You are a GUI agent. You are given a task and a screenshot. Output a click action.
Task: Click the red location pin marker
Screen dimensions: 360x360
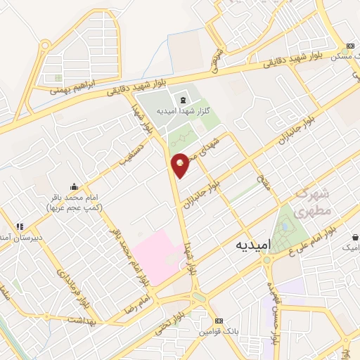(181, 165)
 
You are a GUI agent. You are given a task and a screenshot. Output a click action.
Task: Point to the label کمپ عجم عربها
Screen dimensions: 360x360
(74, 209)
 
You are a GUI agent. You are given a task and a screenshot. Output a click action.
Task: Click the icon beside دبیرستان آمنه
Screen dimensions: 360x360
(20, 226)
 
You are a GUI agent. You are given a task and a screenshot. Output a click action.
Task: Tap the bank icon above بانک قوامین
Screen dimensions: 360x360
(219, 319)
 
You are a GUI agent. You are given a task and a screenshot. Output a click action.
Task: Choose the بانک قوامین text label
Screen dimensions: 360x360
(219, 330)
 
